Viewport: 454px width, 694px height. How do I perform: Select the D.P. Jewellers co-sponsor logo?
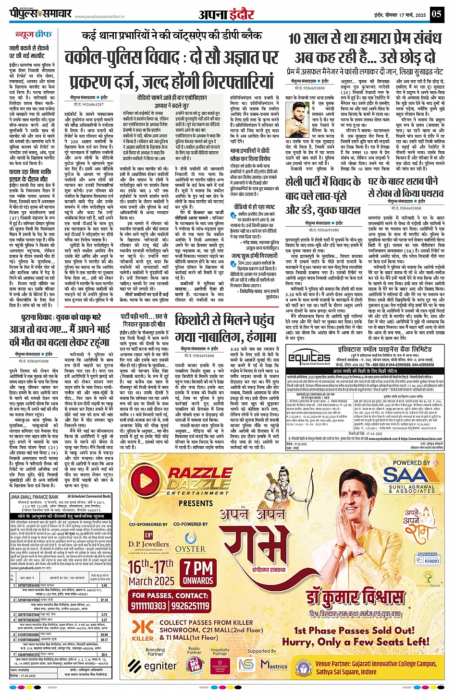click(x=148, y=540)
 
